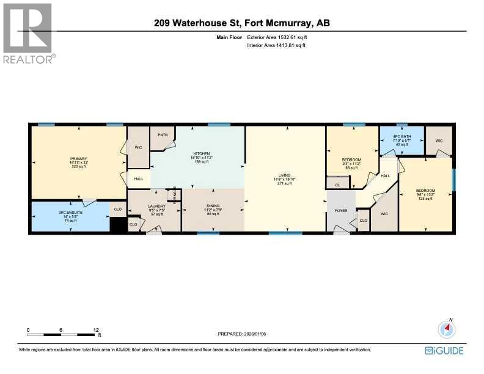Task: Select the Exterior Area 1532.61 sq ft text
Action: [x=275, y=38]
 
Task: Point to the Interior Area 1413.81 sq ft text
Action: [x=275, y=45]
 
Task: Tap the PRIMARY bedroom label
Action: [x=79, y=158]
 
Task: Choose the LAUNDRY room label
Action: [x=157, y=206]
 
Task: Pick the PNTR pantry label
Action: [x=163, y=134]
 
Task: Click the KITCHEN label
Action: [x=202, y=153]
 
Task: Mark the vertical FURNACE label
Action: [x=175, y=195]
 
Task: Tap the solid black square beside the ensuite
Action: [x=118, y=224]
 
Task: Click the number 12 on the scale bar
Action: [x=96, y=329]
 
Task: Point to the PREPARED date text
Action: [x=242, y=334]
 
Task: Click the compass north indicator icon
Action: [x=447, y=329]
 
